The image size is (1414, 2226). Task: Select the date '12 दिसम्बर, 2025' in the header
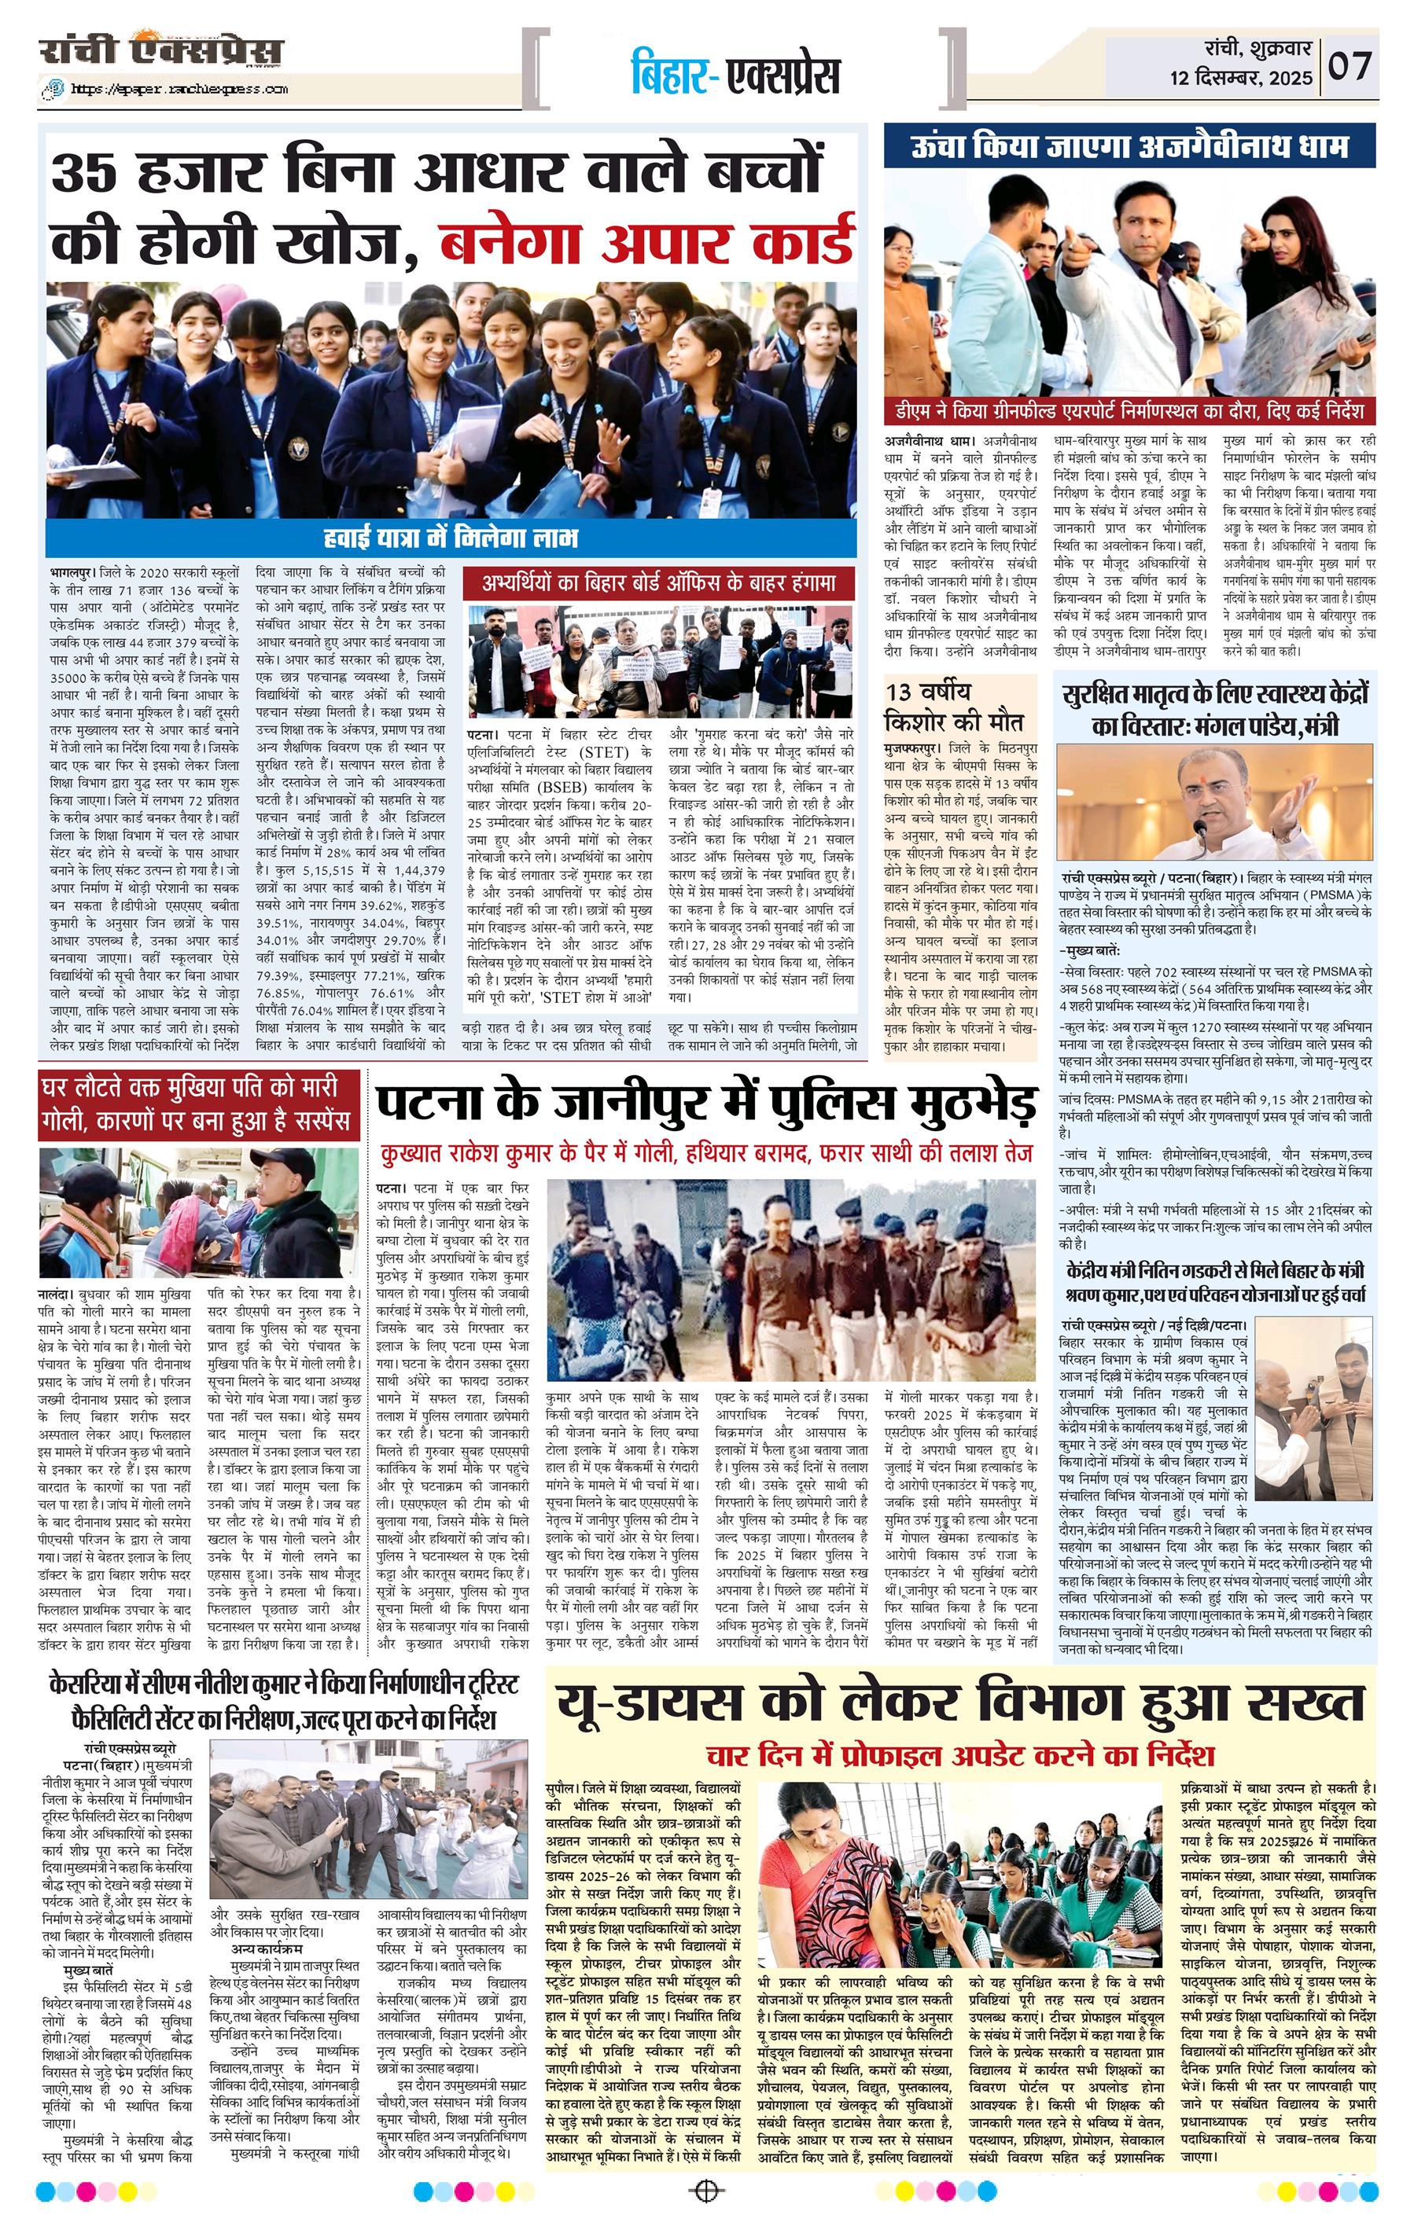(1241, 79)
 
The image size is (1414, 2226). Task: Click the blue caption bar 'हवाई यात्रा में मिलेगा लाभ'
(451, 536)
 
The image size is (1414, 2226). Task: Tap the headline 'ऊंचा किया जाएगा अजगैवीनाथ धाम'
(1129, 147)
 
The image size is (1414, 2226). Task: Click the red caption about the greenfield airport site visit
(1129, 410)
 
